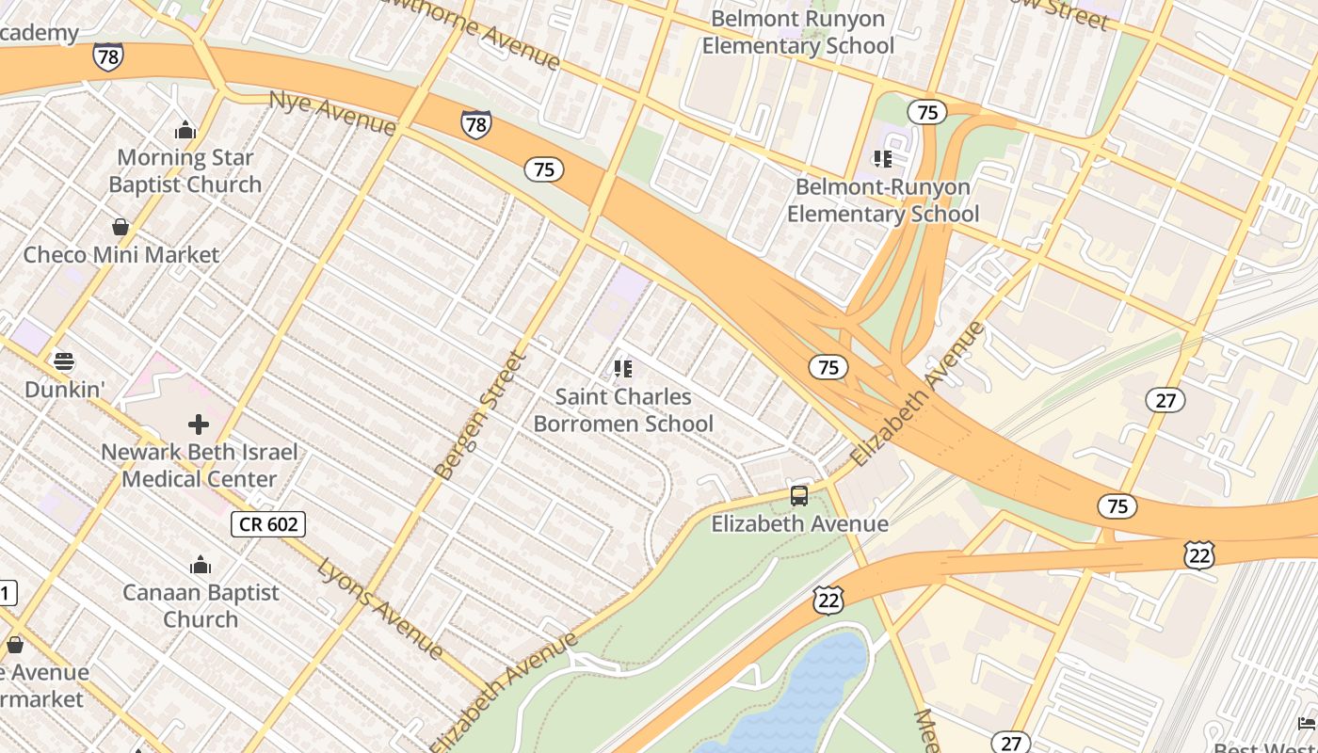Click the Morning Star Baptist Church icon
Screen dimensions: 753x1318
pyautogui.click(x=185, y=130)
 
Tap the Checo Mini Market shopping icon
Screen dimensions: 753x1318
pyautogui.click(x=121, y=227)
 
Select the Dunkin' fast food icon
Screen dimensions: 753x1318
pyautogui.click(x=63, y=361)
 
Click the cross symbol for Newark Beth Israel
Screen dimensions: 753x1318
pyautogui.click(x=199, y=425)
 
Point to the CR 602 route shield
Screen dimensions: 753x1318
pyautogui.click(x=268, y=524)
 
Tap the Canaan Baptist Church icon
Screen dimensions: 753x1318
pyautogui.click(x=201, y=566)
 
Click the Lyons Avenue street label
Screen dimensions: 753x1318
pyautogui.click(x=380, y=607)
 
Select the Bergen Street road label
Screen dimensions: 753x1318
pyautogui.click(x=480, y=415)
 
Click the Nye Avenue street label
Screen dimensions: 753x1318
pyautogui.click(x=331, y=112)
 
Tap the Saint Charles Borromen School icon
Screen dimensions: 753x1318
pyautogui.click(x=622, y=369)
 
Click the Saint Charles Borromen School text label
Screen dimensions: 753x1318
pyautogui.click(x=623, y=410)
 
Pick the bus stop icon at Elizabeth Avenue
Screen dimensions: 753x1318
pyautogui.click(x=799, y=496)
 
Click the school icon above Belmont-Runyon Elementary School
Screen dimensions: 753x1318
pyautogui.click(x=882, y=159)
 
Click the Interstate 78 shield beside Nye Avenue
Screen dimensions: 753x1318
pyautogui.click(x=475, y=123)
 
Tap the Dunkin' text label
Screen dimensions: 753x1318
pyautogui.click(x=63, y=390)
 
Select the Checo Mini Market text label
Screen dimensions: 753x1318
pyautogui.click(x=121, y=255)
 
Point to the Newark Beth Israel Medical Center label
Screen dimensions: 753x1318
pyautogui.click(x=200, y=465)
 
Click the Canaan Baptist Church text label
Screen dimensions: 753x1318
pyautogui.click(x=201, y=605)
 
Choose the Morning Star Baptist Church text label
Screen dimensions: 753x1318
pyautogui.click(x=185, y=170)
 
